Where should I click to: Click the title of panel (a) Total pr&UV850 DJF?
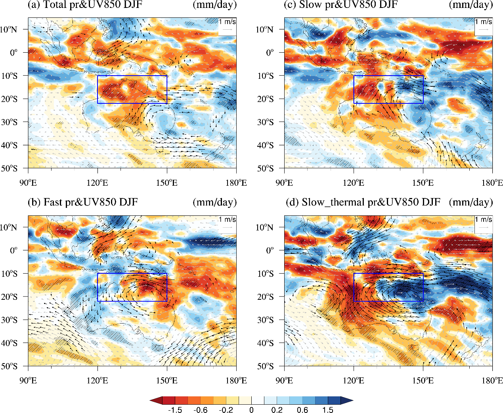click(85, 5)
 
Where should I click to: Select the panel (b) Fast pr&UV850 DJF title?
click(83, 202)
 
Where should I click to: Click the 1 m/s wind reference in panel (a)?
click(227, 26)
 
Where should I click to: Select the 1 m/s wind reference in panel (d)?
click(484, 223)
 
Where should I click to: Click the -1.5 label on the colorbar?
click(175, 410)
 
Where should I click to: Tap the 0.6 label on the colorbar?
click(302, 410)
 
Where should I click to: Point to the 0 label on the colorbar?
click(251, 410)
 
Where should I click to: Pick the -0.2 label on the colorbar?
click(226, 410)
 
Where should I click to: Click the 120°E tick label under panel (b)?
click(98, 381)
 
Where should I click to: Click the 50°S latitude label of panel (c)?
click(265, 169)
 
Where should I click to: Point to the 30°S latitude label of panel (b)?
click(9, 320)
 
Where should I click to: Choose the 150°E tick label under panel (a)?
click(167, 183)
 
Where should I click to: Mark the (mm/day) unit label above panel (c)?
click(471, 5)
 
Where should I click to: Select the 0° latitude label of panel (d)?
click(270, 251)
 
